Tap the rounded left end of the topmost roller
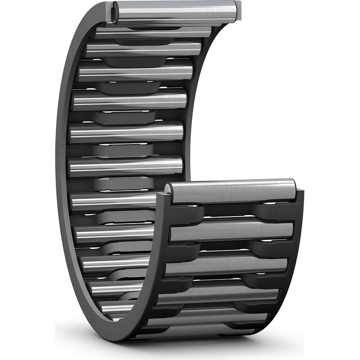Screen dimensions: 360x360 coord(114,12)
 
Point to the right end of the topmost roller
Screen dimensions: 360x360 coord(235,10)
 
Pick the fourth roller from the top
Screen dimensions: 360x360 coord(136,73)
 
